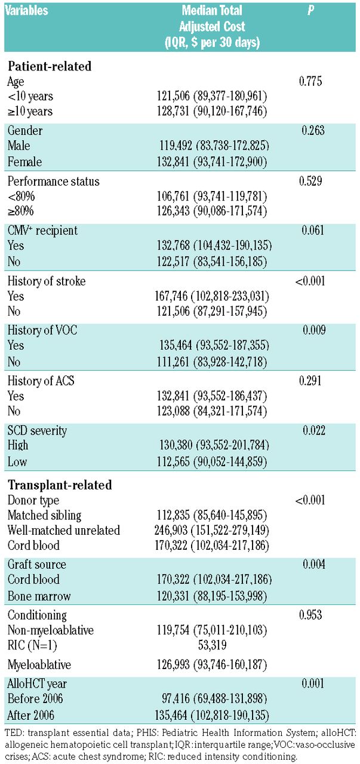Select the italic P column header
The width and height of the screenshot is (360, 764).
[x=310, y=11]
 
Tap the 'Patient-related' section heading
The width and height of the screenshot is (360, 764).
[x=49, y=66]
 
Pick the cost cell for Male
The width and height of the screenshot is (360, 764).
[x=210, y=144]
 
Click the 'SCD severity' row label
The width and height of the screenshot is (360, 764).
[x=37, y=430]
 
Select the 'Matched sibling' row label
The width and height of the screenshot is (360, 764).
[x=44, y=515]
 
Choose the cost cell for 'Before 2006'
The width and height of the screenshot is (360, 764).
[x=211, y=698]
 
